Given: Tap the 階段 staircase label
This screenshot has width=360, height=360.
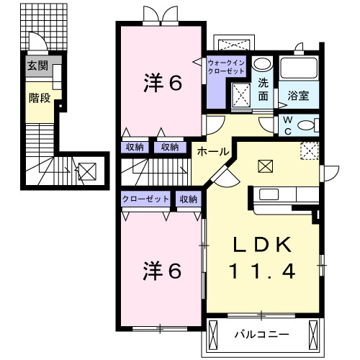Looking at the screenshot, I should click(40, 97).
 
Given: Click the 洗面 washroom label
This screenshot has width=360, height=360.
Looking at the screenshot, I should click(264, 89).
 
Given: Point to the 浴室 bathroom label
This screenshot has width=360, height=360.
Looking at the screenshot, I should click(299, 95).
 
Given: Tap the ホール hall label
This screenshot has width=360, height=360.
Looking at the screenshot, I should click(212, 152).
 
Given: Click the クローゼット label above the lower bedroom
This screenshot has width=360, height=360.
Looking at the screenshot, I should click(145, 199).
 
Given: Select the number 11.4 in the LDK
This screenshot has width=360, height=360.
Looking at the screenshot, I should click(262, 271).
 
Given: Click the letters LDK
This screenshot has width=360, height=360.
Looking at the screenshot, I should click(262, 246).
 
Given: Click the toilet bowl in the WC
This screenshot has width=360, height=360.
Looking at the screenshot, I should click(308, 125).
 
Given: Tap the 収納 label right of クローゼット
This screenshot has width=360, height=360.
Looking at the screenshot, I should click(189, 199).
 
